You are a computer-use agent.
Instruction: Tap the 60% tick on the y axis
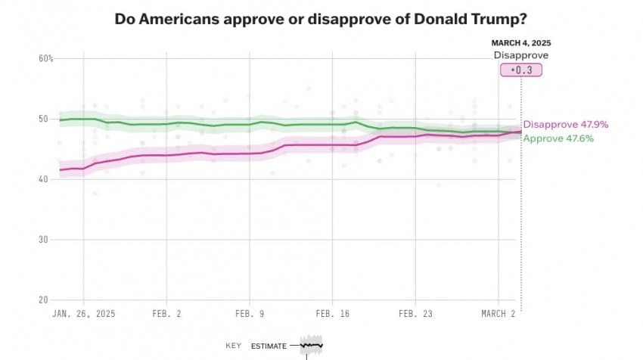click(x=45, y=59)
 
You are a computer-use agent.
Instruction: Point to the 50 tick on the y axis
click(x=44, y=119)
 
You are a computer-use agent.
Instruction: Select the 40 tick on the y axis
click(x=44, y=179)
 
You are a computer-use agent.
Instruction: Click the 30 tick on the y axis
click(x=44, y=240)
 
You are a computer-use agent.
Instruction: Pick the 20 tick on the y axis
click(x=44, y=299)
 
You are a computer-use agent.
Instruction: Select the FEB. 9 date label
click(x=250, y=312)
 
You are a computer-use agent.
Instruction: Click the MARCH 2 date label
click(x=497, y=312)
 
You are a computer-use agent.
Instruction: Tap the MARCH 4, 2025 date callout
click(x=520, y=42)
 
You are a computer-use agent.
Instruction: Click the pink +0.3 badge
click(x=520, y=70)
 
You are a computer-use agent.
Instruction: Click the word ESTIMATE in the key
click(x=269, y=346)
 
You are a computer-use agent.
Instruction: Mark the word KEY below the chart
click(x=233, y=346)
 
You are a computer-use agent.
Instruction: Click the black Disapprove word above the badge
click(x=520, y=55)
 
